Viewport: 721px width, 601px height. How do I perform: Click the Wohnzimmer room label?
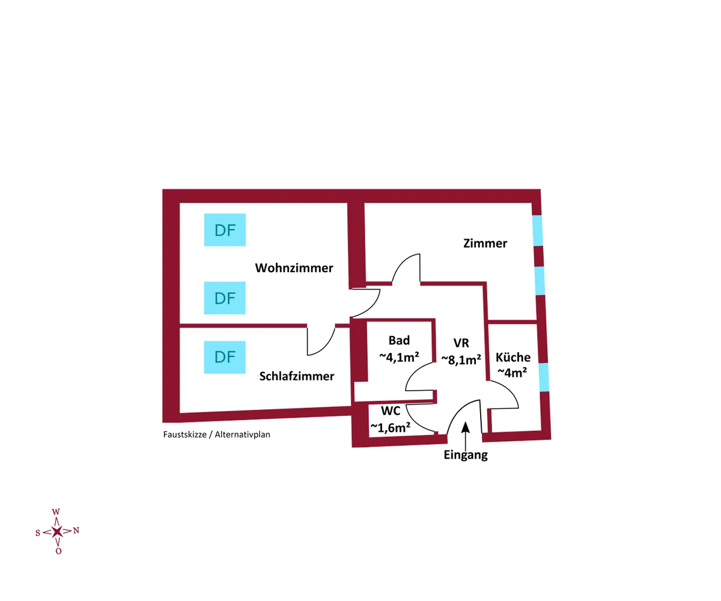294,268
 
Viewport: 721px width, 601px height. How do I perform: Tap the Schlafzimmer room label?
297,376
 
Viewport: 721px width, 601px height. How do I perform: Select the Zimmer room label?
485,243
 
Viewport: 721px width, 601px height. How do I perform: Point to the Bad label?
399,341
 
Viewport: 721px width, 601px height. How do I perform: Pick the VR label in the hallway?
461,343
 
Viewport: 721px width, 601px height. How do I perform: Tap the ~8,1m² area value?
461,359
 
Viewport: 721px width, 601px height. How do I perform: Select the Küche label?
513,357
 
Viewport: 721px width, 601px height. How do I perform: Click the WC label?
391,412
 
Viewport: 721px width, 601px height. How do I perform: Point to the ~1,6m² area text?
391,427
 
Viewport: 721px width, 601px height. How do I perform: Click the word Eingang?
466,455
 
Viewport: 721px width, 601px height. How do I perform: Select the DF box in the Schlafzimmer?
225,357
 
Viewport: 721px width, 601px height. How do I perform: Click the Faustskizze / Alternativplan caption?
217,434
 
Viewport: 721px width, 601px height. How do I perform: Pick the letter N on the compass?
76,530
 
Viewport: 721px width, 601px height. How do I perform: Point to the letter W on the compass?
56,512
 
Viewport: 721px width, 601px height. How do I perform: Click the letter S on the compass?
38,532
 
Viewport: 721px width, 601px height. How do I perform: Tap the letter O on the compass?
58,551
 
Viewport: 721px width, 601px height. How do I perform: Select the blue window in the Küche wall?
544,377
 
